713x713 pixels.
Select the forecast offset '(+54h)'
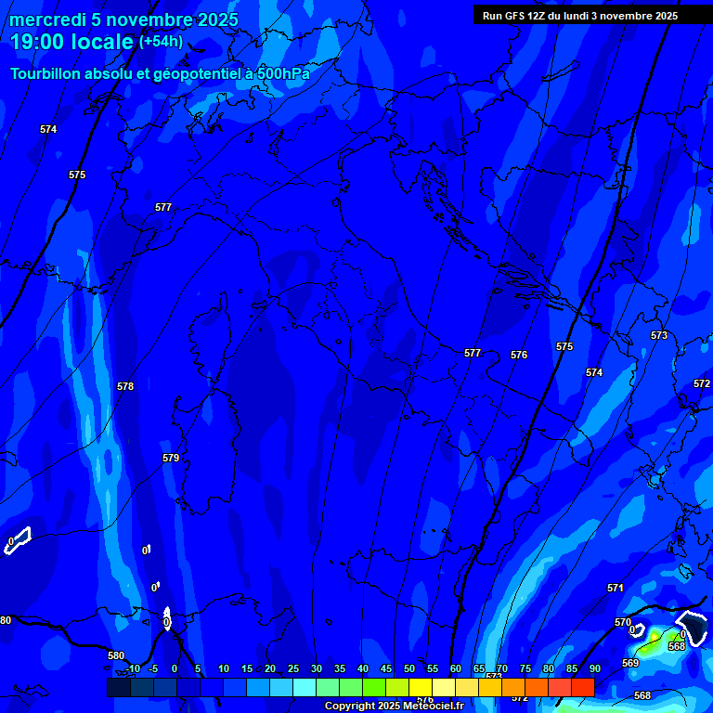(x=161, y=42)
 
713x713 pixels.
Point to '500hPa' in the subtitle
(x=284, y=73)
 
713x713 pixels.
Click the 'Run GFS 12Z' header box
(x=580, y=16)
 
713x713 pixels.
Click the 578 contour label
(x=125, y=386)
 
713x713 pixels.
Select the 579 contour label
(x=171, y=458)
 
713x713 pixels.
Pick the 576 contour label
(x=519, y=355)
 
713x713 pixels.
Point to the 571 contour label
(x=616, y=588)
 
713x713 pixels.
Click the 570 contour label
(x=623, y=622)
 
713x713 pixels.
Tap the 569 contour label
(x=630, y=663)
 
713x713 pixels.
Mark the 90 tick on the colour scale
(x=594, y=668)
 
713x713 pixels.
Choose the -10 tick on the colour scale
(x=132, y=668)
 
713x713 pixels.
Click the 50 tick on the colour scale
(x=409, y=668)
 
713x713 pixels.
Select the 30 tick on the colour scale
(x=317, y=668)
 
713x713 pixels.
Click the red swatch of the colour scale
(x=582, y=687)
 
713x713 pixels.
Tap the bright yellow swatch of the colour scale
(x=420, y=687)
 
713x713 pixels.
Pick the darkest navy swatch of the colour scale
(x=118, y=687)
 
